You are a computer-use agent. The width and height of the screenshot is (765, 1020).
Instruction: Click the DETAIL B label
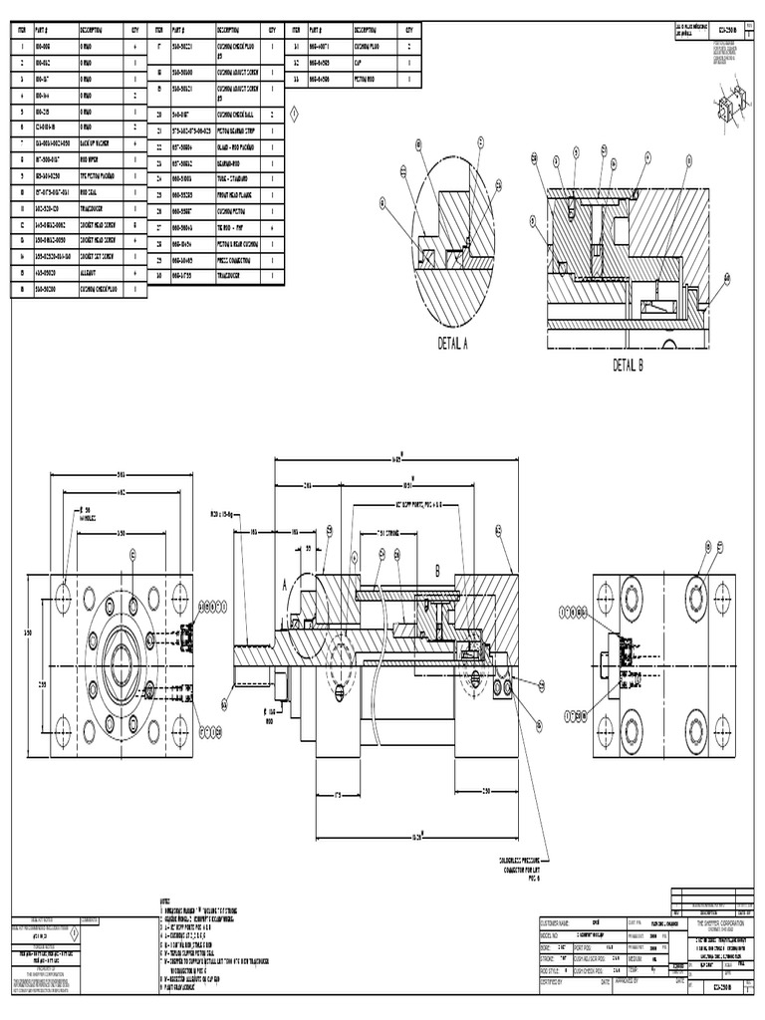click(x=629, y=365)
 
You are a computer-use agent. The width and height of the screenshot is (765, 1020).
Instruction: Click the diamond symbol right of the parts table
click(x=295, y=116)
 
